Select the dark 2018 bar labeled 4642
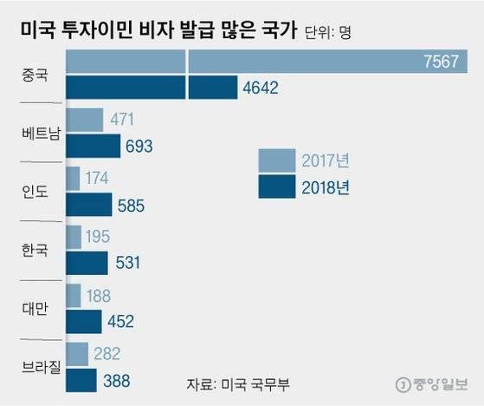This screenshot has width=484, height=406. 152,88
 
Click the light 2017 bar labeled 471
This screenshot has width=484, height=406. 84,120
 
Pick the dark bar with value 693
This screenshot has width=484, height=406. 93,146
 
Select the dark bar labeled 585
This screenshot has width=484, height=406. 88,205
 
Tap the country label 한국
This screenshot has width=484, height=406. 35,250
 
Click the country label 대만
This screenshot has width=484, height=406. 35,308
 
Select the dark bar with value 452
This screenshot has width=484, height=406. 83,321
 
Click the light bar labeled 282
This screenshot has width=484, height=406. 76,353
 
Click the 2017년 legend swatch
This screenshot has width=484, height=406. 276,160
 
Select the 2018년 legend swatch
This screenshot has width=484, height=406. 276,186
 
